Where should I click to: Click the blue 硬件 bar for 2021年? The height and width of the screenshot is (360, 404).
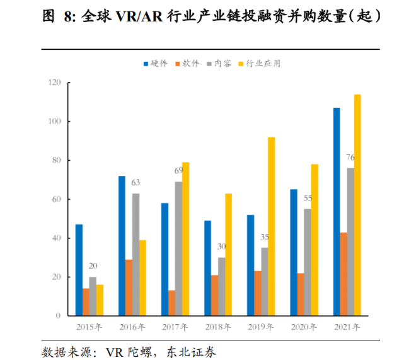337,211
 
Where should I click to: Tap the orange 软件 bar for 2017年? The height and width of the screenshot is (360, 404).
172,303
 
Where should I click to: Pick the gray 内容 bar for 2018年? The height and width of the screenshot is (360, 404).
222,286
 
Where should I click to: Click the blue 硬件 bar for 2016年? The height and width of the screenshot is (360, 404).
122,245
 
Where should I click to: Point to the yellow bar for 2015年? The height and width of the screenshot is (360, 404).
100,299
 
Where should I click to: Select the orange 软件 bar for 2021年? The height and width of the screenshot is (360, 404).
343,274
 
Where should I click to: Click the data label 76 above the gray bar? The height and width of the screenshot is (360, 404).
350,157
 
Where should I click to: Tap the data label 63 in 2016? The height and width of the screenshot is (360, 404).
136,182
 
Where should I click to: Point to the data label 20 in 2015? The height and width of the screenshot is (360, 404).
93,266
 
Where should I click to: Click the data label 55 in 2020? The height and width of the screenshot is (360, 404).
308,198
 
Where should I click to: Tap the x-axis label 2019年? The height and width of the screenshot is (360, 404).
261,327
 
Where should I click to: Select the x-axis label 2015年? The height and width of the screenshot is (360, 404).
89,327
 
